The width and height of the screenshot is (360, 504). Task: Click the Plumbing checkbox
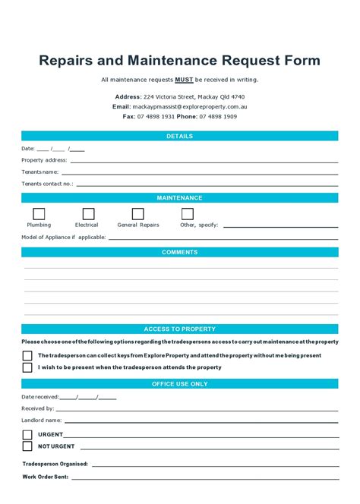point(39,214)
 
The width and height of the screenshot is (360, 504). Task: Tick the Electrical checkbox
point(89,214)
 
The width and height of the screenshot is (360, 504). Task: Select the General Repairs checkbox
point(138,214)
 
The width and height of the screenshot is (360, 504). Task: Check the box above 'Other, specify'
point(188,214)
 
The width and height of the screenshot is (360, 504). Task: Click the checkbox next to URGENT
point(27,435)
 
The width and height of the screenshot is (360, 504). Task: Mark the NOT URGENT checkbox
point(27,446)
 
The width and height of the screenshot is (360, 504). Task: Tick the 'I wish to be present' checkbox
point(27,367)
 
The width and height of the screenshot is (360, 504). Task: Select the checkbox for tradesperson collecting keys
point(27,355)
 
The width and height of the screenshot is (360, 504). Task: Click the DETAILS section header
point(180,136)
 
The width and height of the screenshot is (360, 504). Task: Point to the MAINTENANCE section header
point(180,198)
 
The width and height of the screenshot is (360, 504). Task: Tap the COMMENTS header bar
point(180,252)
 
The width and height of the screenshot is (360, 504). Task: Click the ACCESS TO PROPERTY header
point(180,329)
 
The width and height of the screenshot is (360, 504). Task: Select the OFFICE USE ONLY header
point(180,384)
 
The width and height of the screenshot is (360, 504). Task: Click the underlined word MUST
point(184,80)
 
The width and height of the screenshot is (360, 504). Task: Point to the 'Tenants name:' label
point(40,172)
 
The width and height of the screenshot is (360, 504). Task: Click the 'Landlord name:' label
point(42,420)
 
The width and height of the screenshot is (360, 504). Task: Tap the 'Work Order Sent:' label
point(46,477)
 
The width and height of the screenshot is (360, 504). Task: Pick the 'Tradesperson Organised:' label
point(55,464)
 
